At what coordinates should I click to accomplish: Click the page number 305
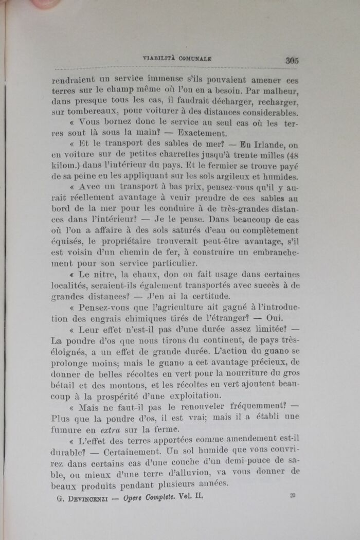click(293, 60)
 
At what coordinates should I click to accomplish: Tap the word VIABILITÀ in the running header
click(159, 59)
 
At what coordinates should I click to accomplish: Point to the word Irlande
click(270, 145)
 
